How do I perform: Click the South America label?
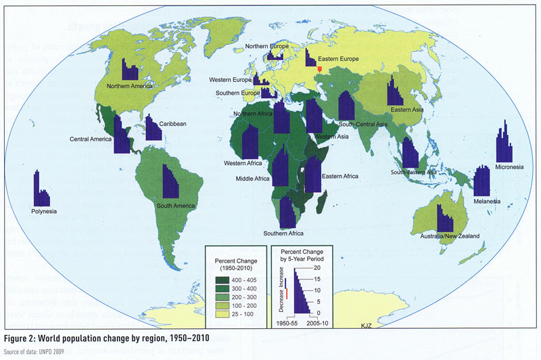(x=176, y=205)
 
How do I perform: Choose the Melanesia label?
(x=487, y=201)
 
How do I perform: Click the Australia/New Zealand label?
(x=451, y=235)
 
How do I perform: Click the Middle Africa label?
(x=253, y=179)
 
